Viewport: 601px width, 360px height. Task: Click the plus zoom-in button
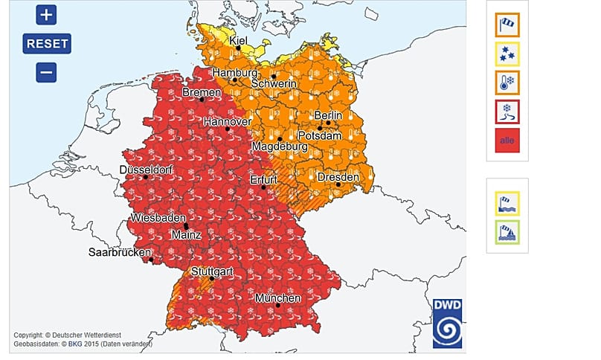click(46, 14)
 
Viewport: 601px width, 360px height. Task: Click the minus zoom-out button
click(46, 72)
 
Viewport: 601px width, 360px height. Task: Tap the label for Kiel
click(239, 40)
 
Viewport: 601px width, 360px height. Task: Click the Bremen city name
click(202, 92)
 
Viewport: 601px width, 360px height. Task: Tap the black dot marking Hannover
click(228, 129)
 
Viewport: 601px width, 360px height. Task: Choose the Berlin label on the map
click(328, 115)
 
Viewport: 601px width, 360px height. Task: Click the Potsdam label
click(320, 136)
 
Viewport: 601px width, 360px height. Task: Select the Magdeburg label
click(279, 147)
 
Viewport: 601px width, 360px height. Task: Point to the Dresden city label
click(338, 177)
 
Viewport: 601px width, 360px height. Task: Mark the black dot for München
click(277, 305)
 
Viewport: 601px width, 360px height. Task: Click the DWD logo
click(448, 323)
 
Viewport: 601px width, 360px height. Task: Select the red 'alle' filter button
click(507, 140)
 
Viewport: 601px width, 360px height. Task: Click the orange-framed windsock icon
click(507, 25)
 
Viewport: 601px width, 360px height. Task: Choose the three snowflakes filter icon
click(507, 54)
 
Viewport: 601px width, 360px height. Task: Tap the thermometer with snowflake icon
click(507, 83)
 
